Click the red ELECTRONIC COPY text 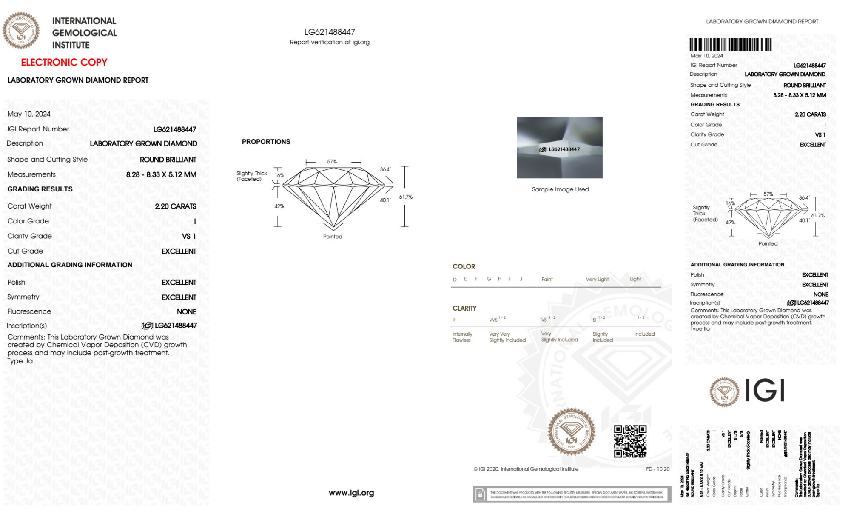point(64,63)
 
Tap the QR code point(630,441)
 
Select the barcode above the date point(730,45)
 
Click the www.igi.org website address point(351,493)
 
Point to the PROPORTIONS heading point(266,142)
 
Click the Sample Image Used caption point(560,189)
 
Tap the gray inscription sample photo point(560,148)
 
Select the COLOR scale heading point(464,266)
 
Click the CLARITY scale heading point(464,308)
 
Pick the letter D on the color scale point(455,280)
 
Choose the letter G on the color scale point(489,279)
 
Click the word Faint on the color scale point(547,280)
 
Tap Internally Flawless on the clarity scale point(462,337)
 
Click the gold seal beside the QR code point(571,432)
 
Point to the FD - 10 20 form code point(657,469)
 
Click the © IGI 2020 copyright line point(526,469)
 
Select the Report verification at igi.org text point(330,42)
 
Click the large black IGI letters point(765,391)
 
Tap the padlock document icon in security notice point(480,494)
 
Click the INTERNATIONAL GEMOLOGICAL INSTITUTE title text point(84,33)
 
